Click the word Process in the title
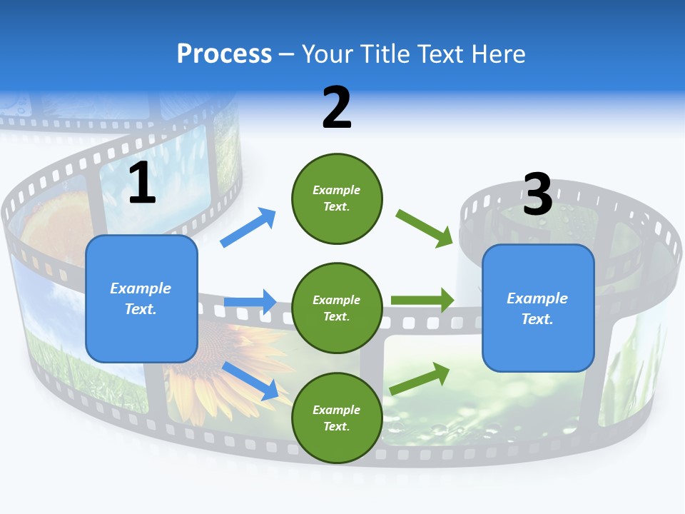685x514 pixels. click(x=224, y=54)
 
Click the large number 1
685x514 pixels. click(x=142, y=183)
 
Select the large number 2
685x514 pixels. click(x=337, y=108)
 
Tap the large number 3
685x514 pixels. click(x=537, y=194)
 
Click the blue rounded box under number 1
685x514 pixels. click(x=141, y=298)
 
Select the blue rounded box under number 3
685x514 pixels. click(x=538, y=308)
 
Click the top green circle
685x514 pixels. click(x=337, y=198)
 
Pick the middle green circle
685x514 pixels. click(x=337, y=308)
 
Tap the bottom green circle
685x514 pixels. click(x=337, y=418)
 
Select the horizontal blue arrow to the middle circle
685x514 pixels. click(x=250, y=302)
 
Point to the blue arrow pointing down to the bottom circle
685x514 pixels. click(x=250, y=380)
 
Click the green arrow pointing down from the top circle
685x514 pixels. click(x=425, y=228)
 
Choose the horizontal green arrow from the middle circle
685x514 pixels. click(x=422, y=300)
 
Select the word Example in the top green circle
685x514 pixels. click(x=337, y=190)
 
